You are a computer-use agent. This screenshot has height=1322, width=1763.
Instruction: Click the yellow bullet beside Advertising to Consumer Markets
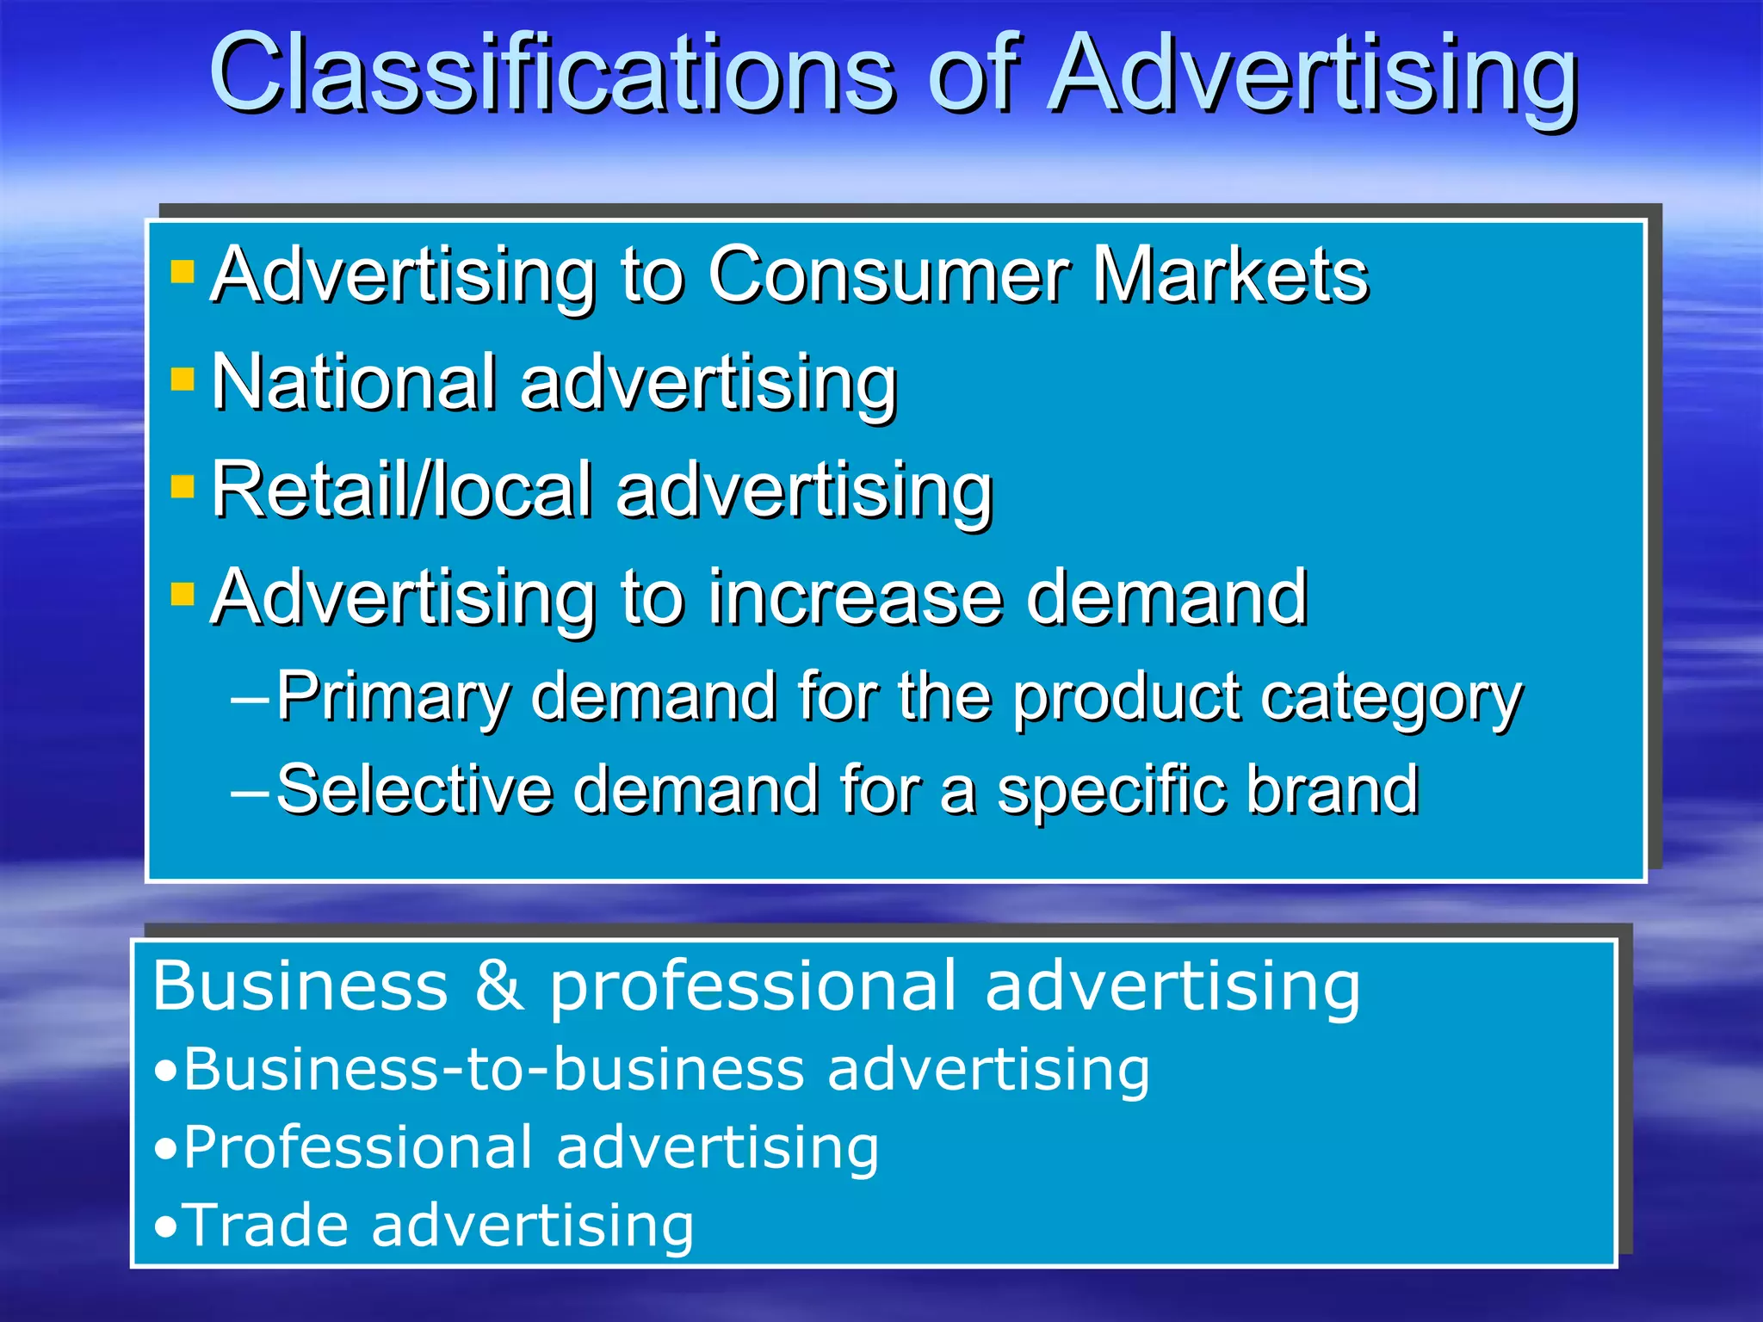(x=182, y=273)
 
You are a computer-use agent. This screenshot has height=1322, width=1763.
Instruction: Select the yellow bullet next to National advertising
(x=182, y=380)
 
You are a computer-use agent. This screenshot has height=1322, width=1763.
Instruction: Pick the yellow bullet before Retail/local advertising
(x=182, y=487)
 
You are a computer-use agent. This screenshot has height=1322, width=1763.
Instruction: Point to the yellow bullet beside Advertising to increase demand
(x=182, y=595)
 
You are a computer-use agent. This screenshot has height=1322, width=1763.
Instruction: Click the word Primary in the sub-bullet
(x=393, y=697)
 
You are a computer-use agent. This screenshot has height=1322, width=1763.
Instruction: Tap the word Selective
(x=414, y=789)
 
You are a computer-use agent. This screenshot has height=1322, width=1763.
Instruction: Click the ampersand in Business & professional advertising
(x=498, y=985)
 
